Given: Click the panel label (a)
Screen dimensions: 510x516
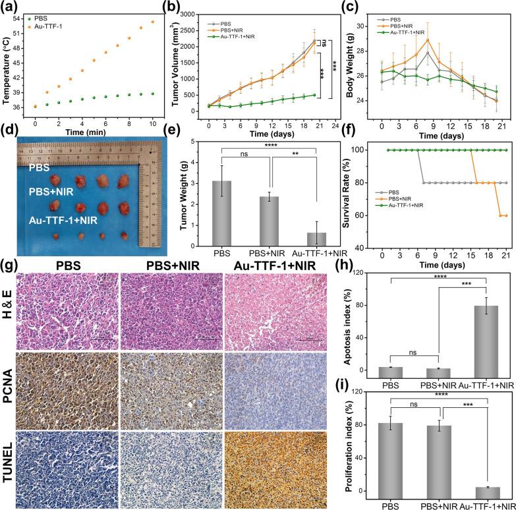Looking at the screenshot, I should click(x=13, y=7).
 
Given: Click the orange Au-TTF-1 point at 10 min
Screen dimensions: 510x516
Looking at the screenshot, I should click(x=153, y=22).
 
